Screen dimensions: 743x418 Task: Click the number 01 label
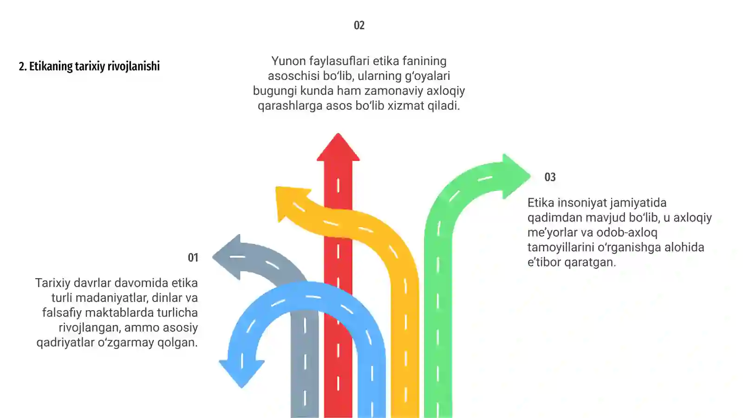tap(193, 257)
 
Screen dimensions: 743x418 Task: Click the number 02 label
tap(359, 25)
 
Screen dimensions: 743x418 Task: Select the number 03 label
tap(550, 177)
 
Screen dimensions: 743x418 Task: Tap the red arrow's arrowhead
tap(338, 148)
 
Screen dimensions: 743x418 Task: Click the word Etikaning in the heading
tap(51, 66)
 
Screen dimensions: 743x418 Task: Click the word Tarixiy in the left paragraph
tap(53, 283)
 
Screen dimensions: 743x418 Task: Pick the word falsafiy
tap(62, 313)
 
